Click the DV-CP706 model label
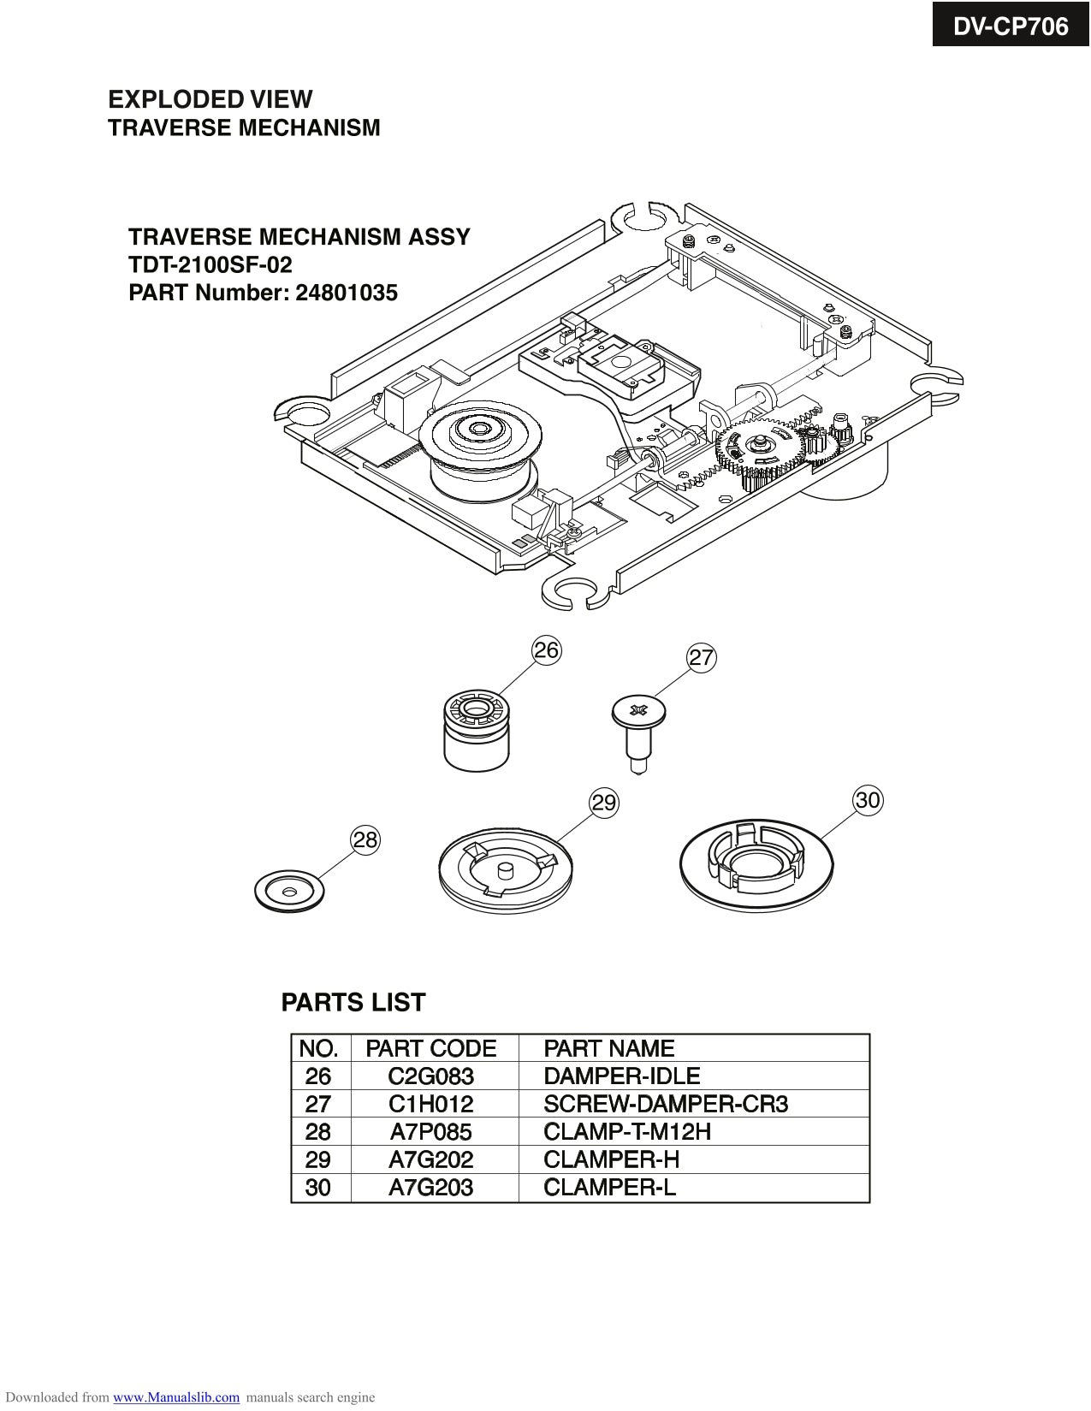(x=1011, y=27)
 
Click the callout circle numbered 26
(x=546, y=650)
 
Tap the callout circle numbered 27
(x=701, y=658)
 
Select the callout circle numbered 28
(x=365, y=839)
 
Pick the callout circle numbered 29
(x=604, y=803)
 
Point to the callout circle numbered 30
(x=868, y=800)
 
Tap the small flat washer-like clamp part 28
(x=290, y=892)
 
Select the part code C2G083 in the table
(x=430, y=1076)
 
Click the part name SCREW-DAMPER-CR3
(x=666, y=1104)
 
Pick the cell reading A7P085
(x=430, y=1132)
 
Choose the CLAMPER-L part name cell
(x=609, y=1188)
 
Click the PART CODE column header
(x=430, y=1048)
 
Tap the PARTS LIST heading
(x=353, y=1002)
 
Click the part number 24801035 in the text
(x=347, y=293)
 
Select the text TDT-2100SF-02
(x=210, y=264)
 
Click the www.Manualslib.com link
(x=176, y=1397)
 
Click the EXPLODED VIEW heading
(x=210, y=99)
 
